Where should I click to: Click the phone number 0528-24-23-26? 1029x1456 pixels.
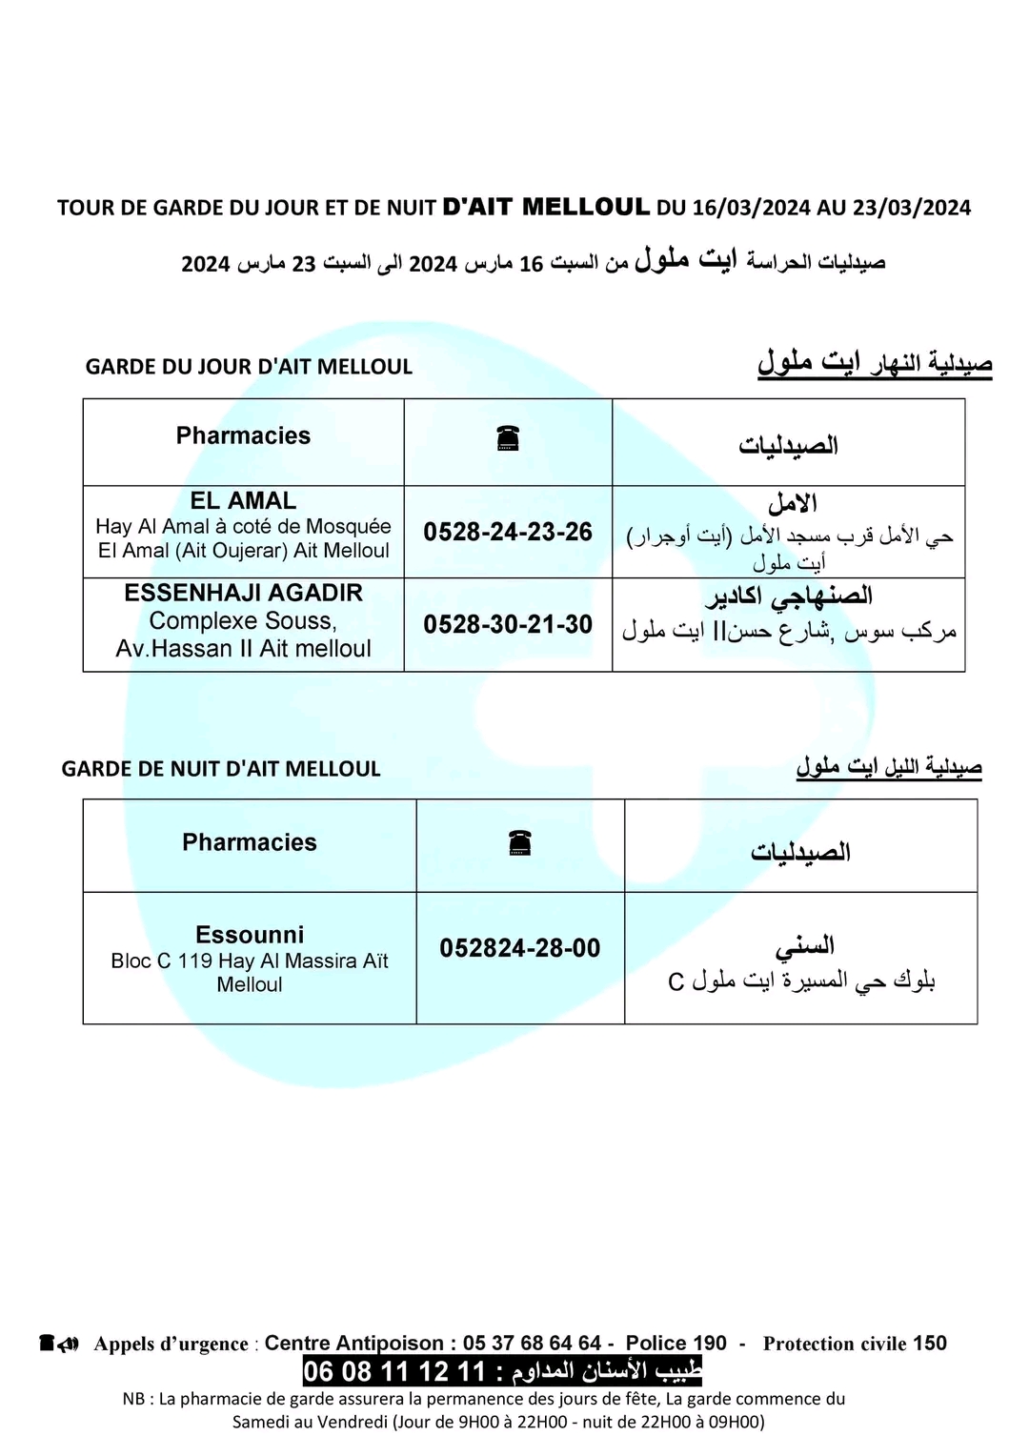tap(508, 532)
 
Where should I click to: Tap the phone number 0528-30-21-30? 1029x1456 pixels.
tap(508, 625)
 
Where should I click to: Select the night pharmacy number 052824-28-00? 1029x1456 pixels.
tap(520, 948)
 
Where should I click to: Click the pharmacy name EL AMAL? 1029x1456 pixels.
tap(243, 500)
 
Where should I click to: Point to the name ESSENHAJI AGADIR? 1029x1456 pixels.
tap(243, 593)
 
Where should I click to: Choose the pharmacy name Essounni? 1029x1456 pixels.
tap(250, 935)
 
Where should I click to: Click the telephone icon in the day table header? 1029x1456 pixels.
tap(508, 438)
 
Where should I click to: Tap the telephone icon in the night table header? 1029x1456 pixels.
tap(520, 842)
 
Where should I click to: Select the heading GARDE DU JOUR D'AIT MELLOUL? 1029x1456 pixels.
tap(249, 367)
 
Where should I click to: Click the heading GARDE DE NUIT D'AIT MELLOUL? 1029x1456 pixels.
tap(221, 769)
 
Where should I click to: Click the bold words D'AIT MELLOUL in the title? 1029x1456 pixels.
tap(547, 206)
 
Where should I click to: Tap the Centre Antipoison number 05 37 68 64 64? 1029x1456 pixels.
tap(532, 1344)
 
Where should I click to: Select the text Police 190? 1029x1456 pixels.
tap(676, 1344)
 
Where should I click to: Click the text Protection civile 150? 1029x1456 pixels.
tap(855, 1344)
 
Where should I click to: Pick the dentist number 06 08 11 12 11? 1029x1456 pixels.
tap(394, 1373)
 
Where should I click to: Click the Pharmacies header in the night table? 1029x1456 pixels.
tap(250, 842)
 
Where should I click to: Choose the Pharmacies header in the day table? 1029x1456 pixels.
tap(243, 435)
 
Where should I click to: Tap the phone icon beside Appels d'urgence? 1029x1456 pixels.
tap(58, 1344)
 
